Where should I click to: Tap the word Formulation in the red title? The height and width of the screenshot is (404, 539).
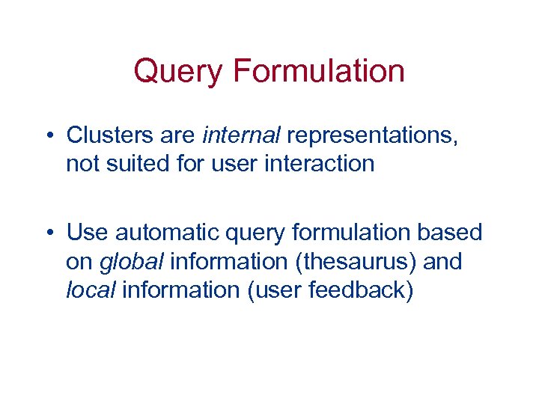point(319,71)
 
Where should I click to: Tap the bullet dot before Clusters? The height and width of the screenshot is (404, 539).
point(49,136)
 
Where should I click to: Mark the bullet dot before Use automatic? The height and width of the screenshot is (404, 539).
point(49,233)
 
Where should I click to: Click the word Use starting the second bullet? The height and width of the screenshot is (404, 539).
point(87,233)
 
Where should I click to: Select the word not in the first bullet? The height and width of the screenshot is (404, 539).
point(82,164)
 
